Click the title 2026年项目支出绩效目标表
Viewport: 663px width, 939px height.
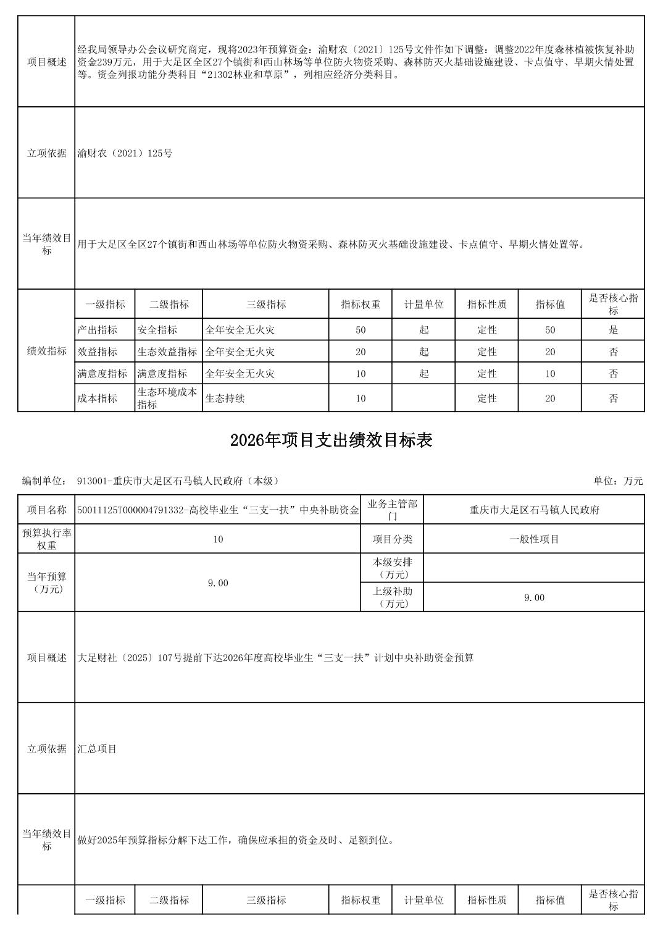click(x=331, y=440)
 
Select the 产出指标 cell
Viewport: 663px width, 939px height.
click(x=97, y=330)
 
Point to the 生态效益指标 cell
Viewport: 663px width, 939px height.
click(x=167, y=352)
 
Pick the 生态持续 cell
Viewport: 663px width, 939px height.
click(x=225, y=398)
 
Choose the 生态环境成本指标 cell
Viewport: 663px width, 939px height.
click(x=167, y=398)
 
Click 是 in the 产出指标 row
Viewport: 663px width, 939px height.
click(x=613, y=330)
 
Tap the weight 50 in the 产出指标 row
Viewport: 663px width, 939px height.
click(x=361, y=330)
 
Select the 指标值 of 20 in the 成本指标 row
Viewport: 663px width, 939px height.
click(x=550, y=398)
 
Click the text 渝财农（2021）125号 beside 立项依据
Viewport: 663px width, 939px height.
click(x=125, y=153)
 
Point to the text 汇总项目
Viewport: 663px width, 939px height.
click(x=98, y=749)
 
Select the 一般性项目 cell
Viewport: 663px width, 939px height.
click(x=534, y=539)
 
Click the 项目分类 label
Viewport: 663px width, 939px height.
click(x=392, y=539)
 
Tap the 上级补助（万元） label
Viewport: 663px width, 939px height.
click(x=392, y=597)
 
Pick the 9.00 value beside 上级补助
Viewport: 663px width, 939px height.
click(x=534, y=597)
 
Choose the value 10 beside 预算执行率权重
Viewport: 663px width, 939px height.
click(x=218, y=539)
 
